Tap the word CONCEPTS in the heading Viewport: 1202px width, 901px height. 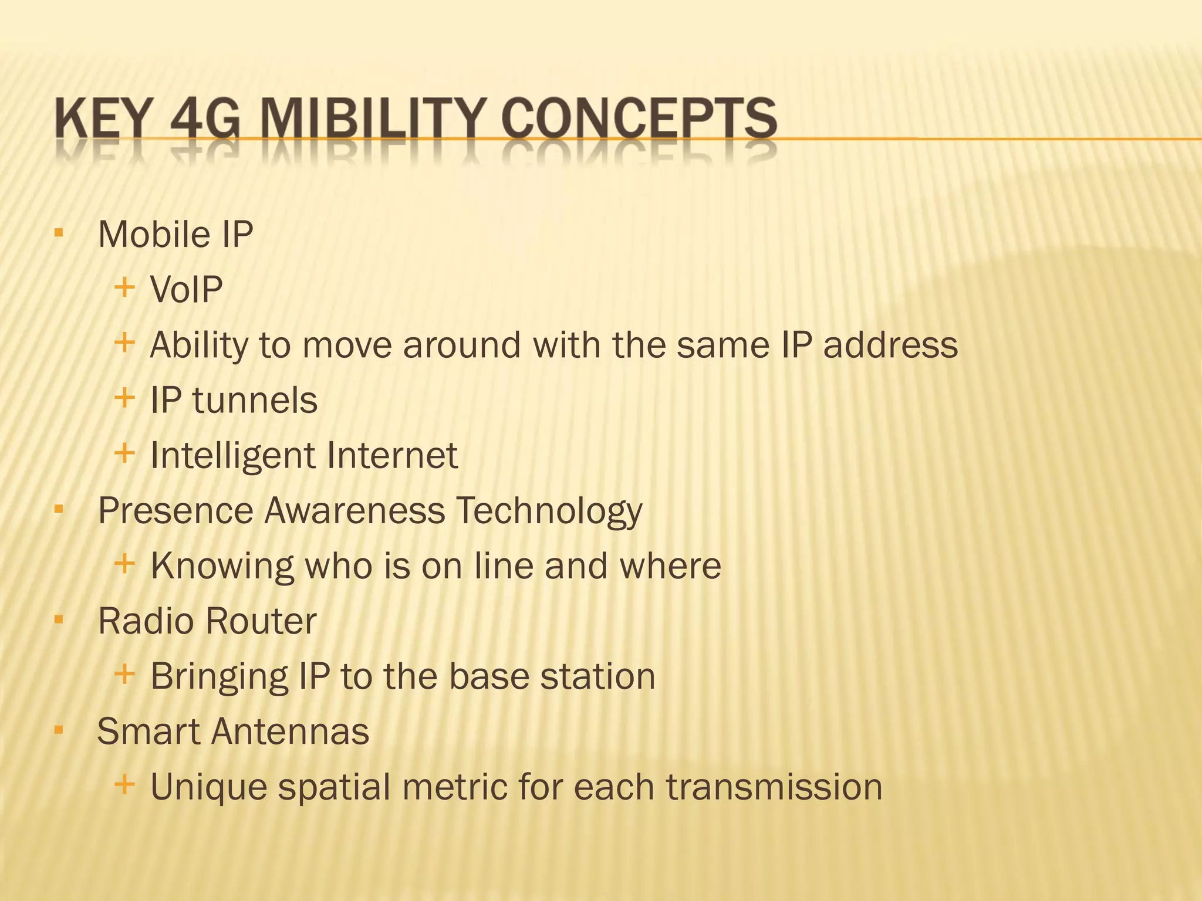(639, 120)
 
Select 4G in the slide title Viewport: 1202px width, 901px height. (205, 120)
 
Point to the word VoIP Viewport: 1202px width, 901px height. (186, 290)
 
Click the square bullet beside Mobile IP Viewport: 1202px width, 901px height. (58, 233)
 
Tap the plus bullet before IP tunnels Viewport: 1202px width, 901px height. (124, 398)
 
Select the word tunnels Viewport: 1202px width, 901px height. (255, 401)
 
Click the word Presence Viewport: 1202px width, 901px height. (174, 511)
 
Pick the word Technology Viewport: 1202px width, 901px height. (549, 511)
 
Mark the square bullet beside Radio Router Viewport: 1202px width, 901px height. (58, 619)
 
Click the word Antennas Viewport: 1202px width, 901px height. (290, 732)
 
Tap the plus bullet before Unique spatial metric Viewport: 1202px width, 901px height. (124, 784)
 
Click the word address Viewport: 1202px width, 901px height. (890, 345)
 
